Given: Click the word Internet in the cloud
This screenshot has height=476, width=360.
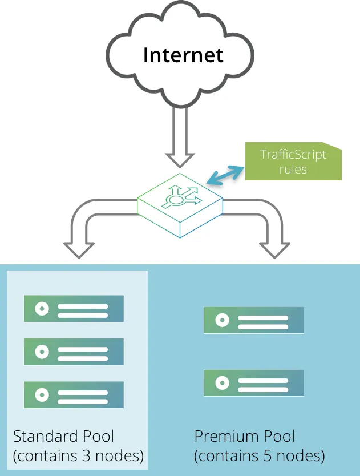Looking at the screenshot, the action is pos(183,55).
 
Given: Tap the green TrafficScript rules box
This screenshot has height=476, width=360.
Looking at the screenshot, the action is pos(293,161).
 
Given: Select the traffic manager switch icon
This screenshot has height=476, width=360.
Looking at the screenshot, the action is pos(180,205).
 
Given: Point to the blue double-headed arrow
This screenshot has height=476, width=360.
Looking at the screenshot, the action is pos(225,175).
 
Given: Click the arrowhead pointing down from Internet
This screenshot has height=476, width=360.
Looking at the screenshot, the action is pos(180,160).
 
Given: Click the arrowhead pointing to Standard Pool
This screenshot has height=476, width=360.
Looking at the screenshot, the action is pos(79,251).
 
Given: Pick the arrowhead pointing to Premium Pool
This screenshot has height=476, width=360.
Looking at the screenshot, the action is pos(274,251).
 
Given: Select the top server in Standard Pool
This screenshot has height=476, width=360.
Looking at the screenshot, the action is pos(74,308).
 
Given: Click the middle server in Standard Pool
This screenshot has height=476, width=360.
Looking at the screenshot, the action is pos(74,352).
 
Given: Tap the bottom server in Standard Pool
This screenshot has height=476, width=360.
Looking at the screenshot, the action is pos(74,394).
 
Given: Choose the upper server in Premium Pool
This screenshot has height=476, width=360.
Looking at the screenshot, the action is pos(254,320).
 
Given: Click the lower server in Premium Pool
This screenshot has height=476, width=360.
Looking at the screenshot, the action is pos(254,383).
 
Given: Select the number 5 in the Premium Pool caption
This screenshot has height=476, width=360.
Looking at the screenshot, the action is pos(268,455).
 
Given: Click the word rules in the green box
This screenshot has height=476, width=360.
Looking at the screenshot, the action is pos(293,169).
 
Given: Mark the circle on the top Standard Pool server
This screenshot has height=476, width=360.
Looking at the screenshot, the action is pos(42,309).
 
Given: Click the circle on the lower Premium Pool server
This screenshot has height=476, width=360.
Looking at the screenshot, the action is pos(222,383).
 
